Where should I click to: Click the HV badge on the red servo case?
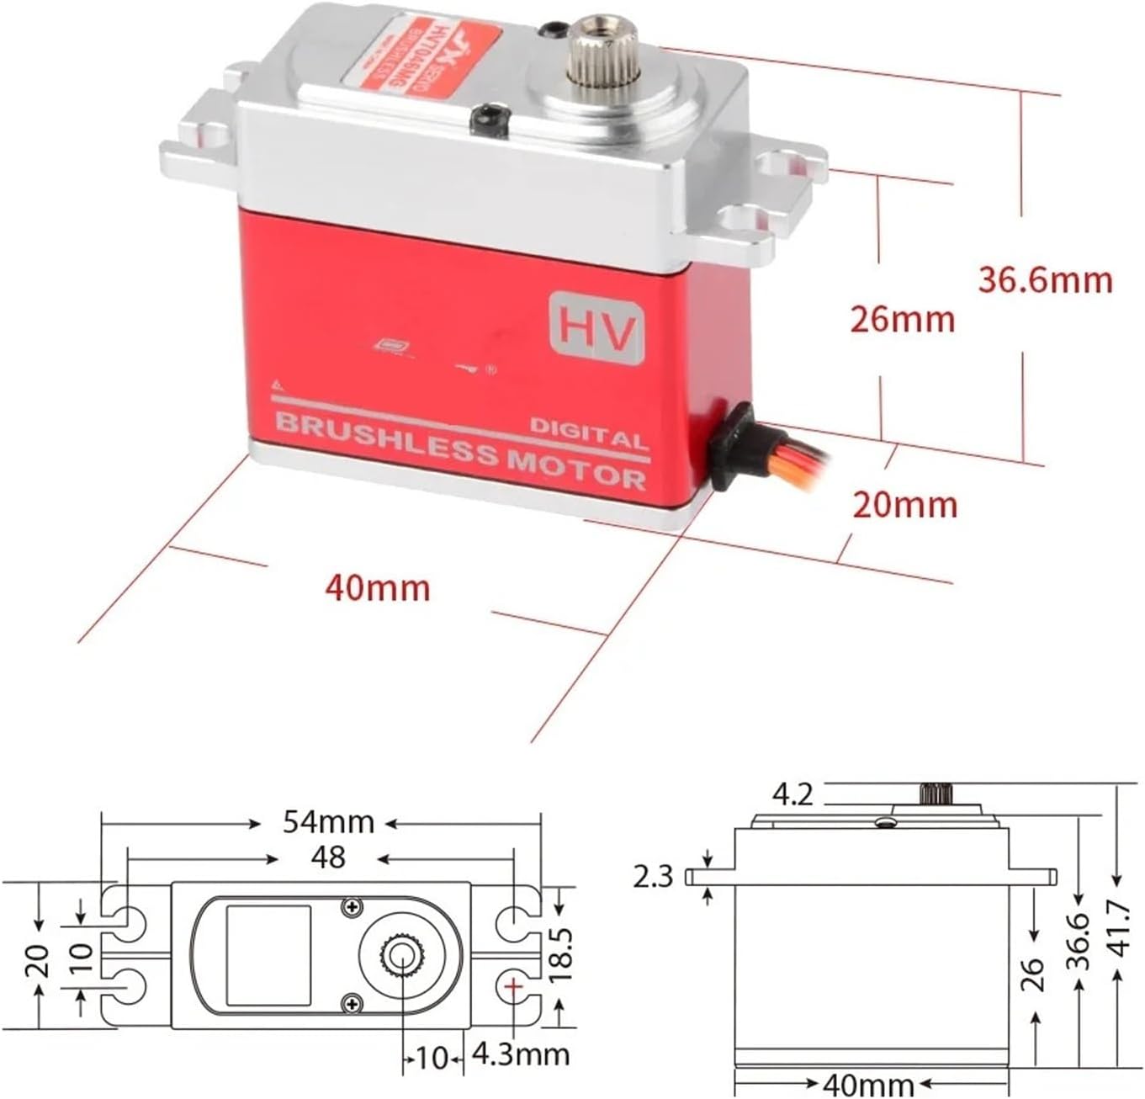coord(596,327)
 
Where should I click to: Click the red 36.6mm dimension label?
coord(1045,279)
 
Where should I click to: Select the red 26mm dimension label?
coord(903,320)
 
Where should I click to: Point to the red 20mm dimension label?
coord(905,505)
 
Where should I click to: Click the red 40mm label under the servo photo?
coord(378,588)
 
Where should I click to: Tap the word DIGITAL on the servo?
coord(589,434)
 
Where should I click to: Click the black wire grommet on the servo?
coord(731,446)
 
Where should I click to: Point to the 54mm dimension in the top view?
coord(328,821)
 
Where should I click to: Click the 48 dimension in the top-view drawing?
coord(327,857)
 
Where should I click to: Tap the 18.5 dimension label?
coord(561,955)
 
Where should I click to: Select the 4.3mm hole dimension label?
coord(521,1054)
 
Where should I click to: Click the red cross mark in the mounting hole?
coord(515,985)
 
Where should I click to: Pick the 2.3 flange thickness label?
coord(654,877)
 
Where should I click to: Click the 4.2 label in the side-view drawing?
coord(792,794)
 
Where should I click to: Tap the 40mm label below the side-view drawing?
coord(869,1083)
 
